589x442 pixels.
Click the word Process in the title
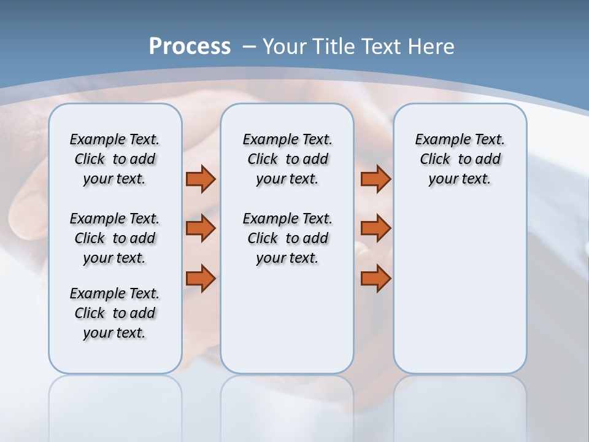click(x=190, y=46)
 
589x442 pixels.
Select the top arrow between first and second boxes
click(x=201, y=179)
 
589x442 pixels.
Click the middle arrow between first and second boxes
click(x=201, y=228)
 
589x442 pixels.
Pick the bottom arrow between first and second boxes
click(x=201, y=279)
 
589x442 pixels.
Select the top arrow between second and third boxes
click(x=375, y=179)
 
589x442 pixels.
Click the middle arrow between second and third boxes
click(x=375, y=228)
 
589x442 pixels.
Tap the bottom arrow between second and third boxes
click(x=375, y=279)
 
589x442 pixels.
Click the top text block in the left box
click(x=115, y=159)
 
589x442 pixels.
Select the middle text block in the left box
click(x=115, y=238)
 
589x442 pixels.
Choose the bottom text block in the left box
click(x=115, y=313)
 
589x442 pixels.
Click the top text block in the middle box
click(x=287, y=159)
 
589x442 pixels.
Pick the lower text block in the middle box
click(x=287, y=238)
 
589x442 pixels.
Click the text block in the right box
click(x=460, y=159)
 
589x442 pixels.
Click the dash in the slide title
click(x=249, y=46)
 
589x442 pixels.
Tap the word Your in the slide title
click(x=285, y=46)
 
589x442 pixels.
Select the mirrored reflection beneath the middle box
click(x=287, y=405)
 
